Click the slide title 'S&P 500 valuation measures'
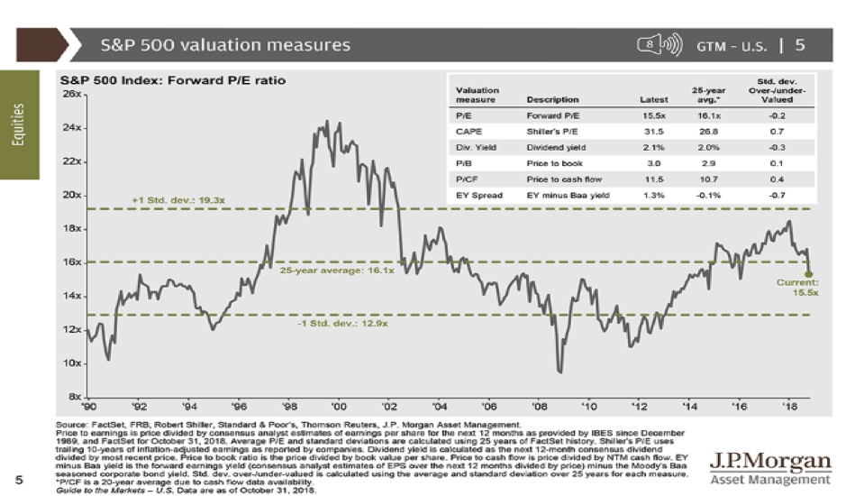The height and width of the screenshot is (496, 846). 225,43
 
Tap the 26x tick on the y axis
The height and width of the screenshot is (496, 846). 71,94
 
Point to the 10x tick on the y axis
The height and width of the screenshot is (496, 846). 71,363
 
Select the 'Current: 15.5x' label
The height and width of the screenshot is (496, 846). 798,288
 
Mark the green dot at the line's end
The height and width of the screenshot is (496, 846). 808,273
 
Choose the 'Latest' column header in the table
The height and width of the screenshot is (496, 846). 652,99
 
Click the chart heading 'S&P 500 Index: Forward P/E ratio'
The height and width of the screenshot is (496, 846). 177,80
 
